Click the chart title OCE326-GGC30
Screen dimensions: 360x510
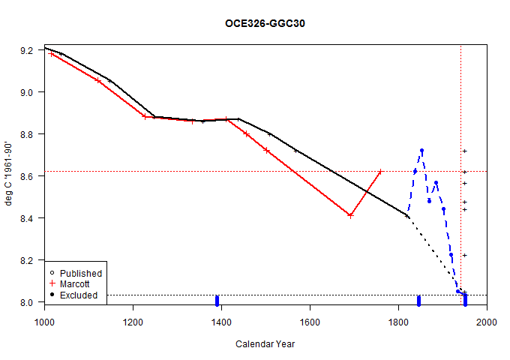pyautogui.click(x=265, y=23)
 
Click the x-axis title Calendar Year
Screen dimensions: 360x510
pyautogui.click(x=265, y=344)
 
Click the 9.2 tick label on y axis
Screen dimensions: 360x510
pyautogui.click(x=28, y=50)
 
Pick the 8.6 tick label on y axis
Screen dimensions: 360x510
pyautogui.click(x=28, y=176)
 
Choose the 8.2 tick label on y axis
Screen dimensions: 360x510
pyautogui.click(x=28, y=260)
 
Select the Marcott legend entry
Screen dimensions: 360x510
pyautogui.click(x=76, y=284)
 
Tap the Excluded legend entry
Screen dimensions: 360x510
pyautogui.click(x=79, y=295)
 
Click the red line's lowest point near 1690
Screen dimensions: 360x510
pyautogui.click(x=350, y=215)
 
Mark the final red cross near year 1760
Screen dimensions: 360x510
pyautogui.click(x=380, y=172)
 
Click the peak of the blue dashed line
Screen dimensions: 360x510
pyautogui.click(x=421, y=151)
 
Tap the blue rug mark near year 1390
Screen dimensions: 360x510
pyautogui.click(x=217, y=301)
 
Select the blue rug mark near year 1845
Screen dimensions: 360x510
pyautogui.click(x=418, y=301)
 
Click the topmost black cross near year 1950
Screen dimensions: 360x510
pyautogui.click(x=465, y=151)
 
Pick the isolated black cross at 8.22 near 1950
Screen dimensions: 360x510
pyautogui.click(x=465, y=256)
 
